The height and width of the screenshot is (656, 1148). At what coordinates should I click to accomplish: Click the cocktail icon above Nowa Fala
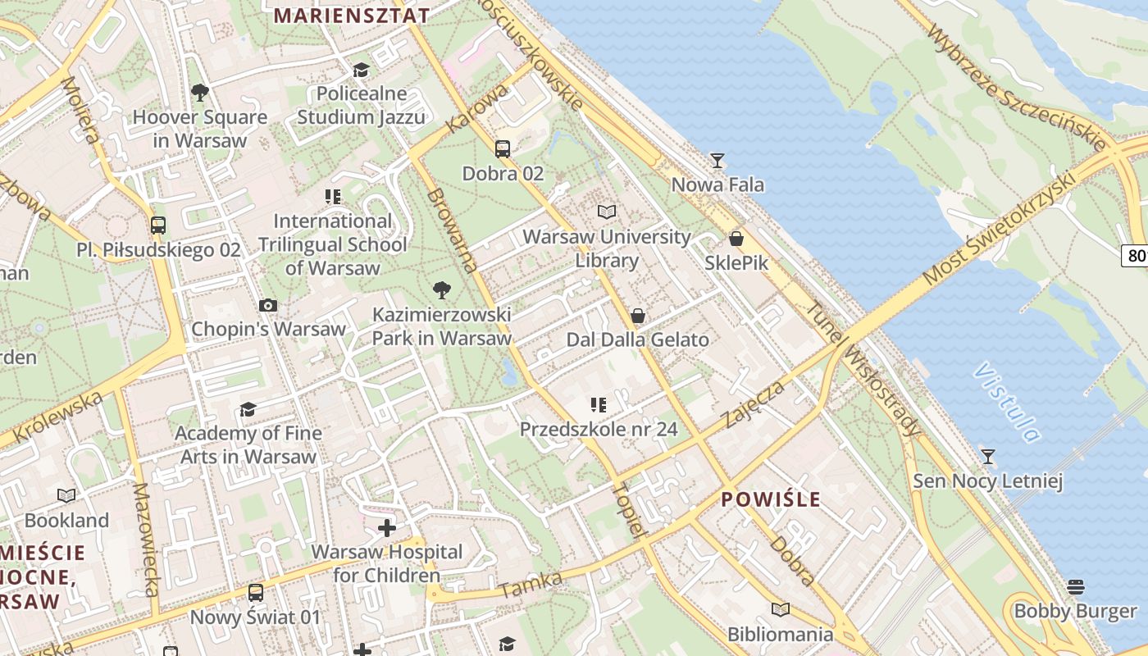tap(717, 160)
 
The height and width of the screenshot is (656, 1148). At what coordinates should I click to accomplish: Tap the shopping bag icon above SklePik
tap(736, 239)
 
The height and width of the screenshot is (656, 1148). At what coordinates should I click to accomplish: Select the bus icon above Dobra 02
tap(503, 149)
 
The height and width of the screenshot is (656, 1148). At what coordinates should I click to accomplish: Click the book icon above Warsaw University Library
tap(606, 212)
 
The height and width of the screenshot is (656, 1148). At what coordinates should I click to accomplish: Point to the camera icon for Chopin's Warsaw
tap(268, 305)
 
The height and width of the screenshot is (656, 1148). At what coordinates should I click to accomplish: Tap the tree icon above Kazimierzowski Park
tap(441, 290)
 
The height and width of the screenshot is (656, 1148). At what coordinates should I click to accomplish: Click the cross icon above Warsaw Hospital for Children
tap(386, 527)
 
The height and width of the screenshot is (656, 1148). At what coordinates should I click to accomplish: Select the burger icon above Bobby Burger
tap(1076, 586)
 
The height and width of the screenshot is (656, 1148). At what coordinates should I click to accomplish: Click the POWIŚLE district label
tap(771, 499)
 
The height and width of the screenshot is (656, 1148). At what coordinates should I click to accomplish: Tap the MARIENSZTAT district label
tap(352, 16)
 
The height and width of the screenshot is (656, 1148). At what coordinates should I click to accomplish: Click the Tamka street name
tap(531, 585)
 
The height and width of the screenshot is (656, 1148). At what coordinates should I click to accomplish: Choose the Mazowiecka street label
tap(145, 540)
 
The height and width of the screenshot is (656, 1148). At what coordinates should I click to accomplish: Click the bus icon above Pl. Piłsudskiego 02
tap(158, 225)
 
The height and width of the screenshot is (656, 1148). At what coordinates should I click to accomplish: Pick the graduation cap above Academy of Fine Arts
tap(248, 409)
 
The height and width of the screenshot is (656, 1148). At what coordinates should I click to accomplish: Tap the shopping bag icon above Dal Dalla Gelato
tap(637, 316)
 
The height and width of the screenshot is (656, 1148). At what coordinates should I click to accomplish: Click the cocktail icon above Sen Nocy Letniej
tap(988, 456)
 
